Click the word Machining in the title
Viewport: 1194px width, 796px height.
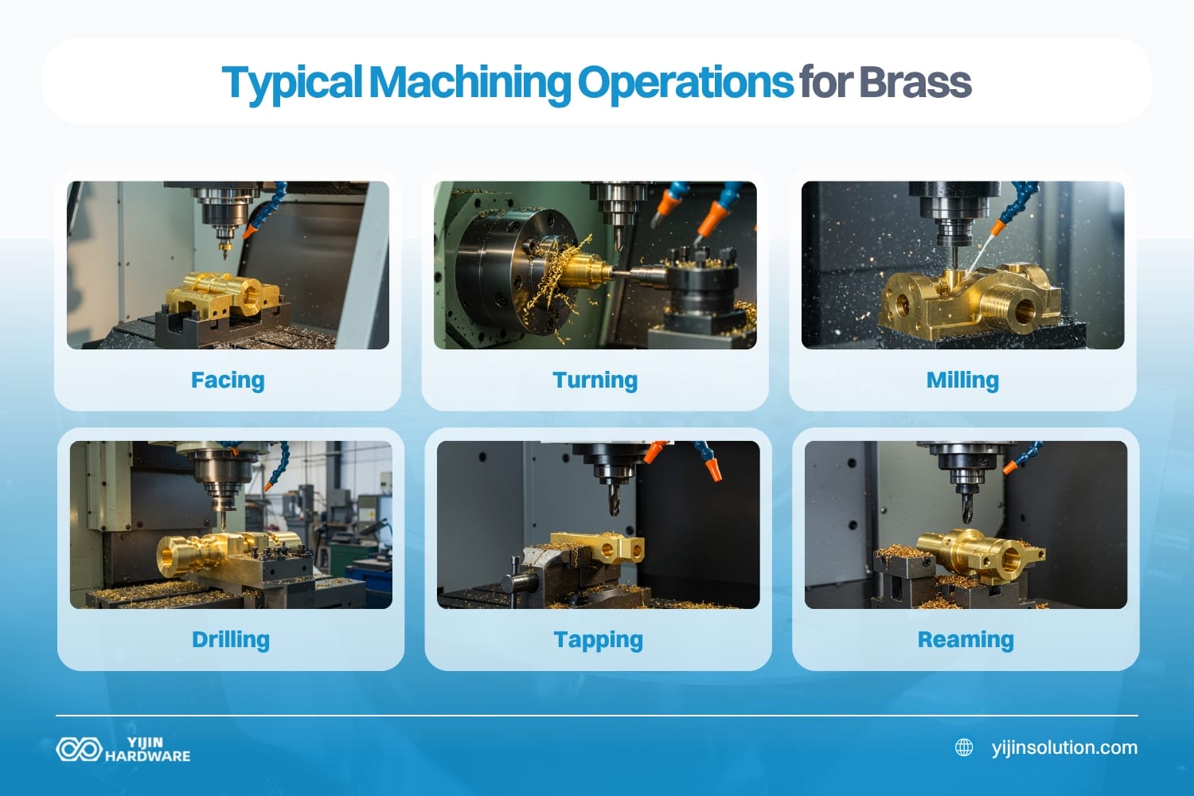coord(470,82)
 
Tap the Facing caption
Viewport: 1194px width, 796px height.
coord(228,380)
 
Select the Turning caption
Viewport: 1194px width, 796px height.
coord(595,380)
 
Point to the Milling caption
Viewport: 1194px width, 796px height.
coord(962,380)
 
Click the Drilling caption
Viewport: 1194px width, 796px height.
coord(231,640)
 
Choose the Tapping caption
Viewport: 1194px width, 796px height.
coord(598,640)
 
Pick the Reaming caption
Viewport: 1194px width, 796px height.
coord(966,640)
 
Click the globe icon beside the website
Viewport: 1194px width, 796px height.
coord(964,747)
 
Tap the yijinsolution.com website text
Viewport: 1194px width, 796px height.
coord(1064,747)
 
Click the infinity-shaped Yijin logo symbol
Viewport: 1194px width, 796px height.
coord(78,749)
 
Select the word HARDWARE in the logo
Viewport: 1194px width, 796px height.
coord(148,756)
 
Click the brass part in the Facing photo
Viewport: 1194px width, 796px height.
coord(223,293)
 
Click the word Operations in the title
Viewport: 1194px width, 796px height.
coord(685,82)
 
